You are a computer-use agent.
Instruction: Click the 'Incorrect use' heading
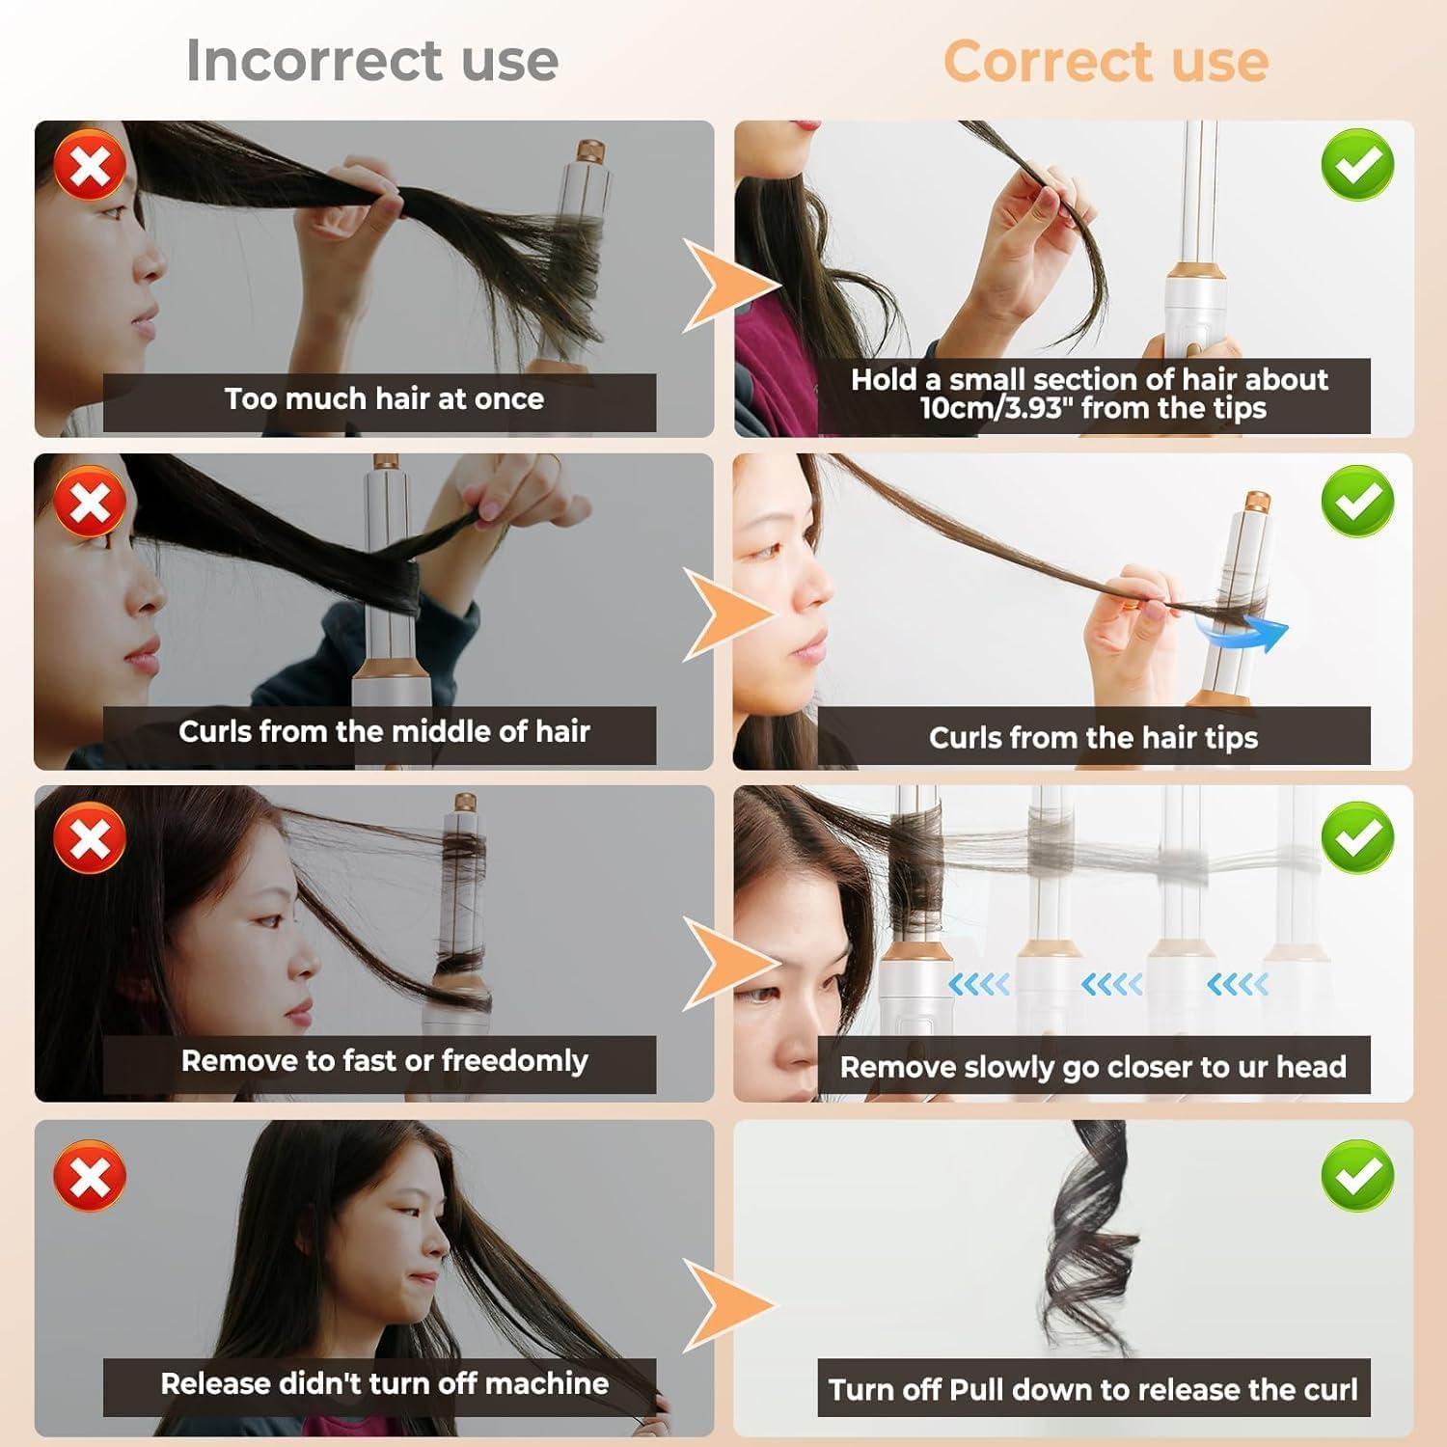pyautogui.click(x=372, y=60)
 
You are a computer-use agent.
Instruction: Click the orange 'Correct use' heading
pyautogui.click(x=1106, y=61)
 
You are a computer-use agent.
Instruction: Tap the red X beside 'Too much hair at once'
pyautogui.click(x=90, y=166)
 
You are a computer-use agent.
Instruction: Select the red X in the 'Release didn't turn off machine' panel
pyautogui.click(x=90, y=1176)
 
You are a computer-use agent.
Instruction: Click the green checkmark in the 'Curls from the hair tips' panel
pyautogui.click(x=1357, y=501)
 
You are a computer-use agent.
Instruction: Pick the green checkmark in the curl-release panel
pyautogui.click(x=1357, y=1174)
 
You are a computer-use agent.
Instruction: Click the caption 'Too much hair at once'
pyautogui.click(x=384, y=398)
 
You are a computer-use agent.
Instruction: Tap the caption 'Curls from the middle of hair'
pyautogui.click(x=384, y=732)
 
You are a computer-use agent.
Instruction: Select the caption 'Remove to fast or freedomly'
pyautogui.click(x=384, y=1061)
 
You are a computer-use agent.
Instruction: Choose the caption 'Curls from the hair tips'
pyautogui.click(x=1093, y=738)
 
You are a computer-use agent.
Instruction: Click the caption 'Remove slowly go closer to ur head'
pyautogui.click(x=1093, y=1067)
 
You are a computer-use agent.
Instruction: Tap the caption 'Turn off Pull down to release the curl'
pyautogui.click(x=1093, y=1389)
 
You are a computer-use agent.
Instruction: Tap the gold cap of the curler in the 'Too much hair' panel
pyautogui.click(x=590, y=152)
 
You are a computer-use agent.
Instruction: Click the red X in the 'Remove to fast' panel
pyautogui.click(x=90, y=836)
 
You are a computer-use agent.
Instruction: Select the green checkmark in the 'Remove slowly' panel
pyautogui.click(x=1357, y=836)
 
